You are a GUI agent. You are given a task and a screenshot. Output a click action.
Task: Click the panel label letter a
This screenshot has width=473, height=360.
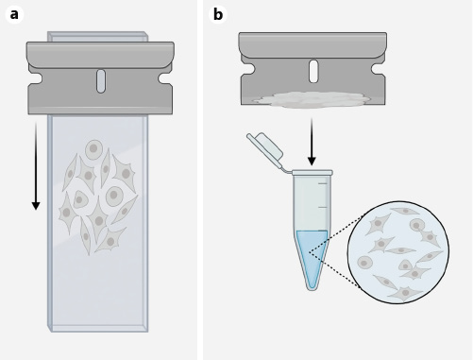pos(13,14)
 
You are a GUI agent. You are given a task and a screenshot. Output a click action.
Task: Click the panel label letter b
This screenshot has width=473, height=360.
pos(218,14)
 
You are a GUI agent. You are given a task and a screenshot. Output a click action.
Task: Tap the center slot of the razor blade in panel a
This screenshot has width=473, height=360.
pos(101,81)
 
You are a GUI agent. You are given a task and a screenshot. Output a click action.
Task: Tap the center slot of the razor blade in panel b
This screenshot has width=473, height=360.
pos(313,72)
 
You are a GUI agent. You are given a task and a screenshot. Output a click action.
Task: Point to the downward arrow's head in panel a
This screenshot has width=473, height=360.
pos(36,204)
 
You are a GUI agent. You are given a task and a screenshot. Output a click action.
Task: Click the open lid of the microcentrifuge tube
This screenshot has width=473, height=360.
pos(267,149)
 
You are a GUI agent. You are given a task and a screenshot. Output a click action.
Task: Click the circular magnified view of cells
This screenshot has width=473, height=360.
pos(397,251)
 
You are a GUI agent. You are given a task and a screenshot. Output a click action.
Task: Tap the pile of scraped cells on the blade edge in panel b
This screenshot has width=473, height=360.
pos(312,98)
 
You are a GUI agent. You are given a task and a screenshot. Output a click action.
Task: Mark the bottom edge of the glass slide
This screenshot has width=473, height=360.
pos(98,328)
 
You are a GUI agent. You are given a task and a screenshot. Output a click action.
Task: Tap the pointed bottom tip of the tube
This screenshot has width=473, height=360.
pos(312,285)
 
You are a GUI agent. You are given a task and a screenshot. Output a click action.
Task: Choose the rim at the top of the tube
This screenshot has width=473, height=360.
pos(313,173)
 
